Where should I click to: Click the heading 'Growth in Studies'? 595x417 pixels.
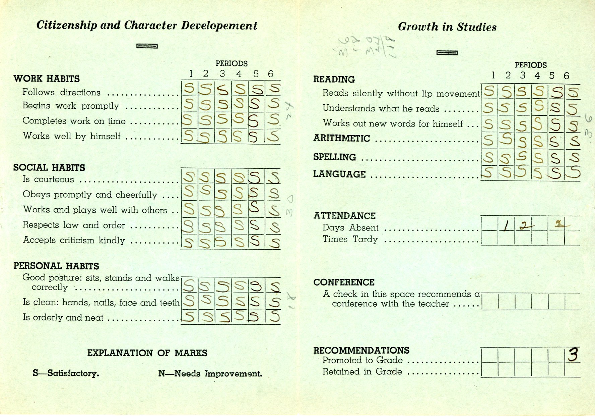[x=447, y=27]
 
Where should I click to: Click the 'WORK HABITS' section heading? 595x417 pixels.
[x=47, y=79]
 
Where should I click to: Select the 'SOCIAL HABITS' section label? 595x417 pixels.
[x=49, y=168]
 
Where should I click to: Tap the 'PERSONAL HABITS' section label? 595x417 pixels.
[x=56, y=266]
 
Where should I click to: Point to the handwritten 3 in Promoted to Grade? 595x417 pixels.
[x=573, y=355]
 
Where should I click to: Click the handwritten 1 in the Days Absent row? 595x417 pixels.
[x=506, y=227]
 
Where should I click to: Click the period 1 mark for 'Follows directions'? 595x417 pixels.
[x=189, y=89]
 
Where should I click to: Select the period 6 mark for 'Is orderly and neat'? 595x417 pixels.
[x=274, y=316]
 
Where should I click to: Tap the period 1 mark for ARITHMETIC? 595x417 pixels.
[x=489, y=140]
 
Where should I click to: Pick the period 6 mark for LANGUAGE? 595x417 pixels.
[x=574, y=172]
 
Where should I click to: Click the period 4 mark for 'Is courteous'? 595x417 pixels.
[x=239, y=177]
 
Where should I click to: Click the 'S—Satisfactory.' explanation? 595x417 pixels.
[x=66, y=373]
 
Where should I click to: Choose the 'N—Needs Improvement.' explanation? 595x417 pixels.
[x=210, y=374]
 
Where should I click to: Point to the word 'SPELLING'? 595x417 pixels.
[x=335, y=157]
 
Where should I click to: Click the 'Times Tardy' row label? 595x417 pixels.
[x=350, y=239]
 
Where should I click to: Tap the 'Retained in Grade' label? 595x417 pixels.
[x=362, y=372]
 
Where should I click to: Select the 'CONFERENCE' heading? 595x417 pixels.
[x=344, y=282]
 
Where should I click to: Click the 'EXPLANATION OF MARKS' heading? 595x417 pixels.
[x=147, y=353]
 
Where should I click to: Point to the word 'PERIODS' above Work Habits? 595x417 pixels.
[x=232, y=63]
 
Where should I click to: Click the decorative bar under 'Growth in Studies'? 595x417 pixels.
[x=447, y=53]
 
